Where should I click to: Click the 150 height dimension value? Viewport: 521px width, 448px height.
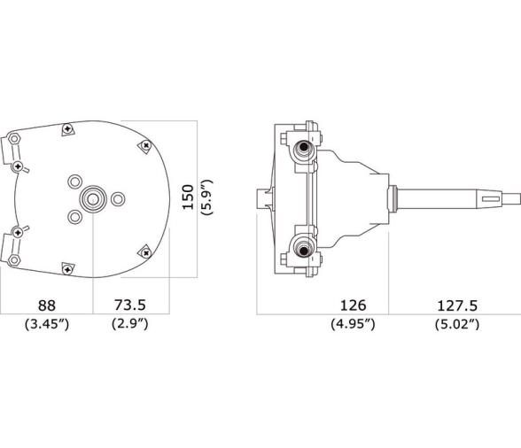[188, 197]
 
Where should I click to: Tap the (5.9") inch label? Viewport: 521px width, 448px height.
[206, 197]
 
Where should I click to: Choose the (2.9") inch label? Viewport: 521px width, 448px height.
[129, 323]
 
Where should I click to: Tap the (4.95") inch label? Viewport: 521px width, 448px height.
[354, 323]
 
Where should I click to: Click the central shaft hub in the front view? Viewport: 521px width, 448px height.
[92, 196]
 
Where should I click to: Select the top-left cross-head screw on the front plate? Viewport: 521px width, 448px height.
[66, 130]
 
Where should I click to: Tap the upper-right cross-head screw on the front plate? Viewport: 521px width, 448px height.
[143, 146]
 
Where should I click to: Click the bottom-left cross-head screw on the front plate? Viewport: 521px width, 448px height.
[67, 266]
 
